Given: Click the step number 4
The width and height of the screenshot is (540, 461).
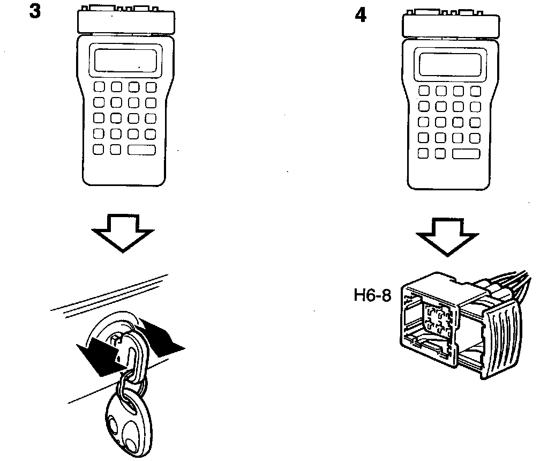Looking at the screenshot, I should pyautogui.click(x=361, y=16).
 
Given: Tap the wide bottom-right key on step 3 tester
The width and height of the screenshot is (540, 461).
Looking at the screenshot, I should pyautogui.click(x=142, y=150).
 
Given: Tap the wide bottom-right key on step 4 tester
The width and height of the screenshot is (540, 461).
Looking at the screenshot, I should pyautogui.click(x=466, y=154).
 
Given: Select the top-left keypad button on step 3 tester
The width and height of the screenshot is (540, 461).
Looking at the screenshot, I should pyautogui.click(x=100, y=87).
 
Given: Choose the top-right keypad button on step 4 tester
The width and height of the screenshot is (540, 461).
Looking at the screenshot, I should pyautogui.click(x=475, y=92).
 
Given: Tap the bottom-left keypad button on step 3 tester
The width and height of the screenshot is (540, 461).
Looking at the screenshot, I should pyautogui.click(x=100, y=150).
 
